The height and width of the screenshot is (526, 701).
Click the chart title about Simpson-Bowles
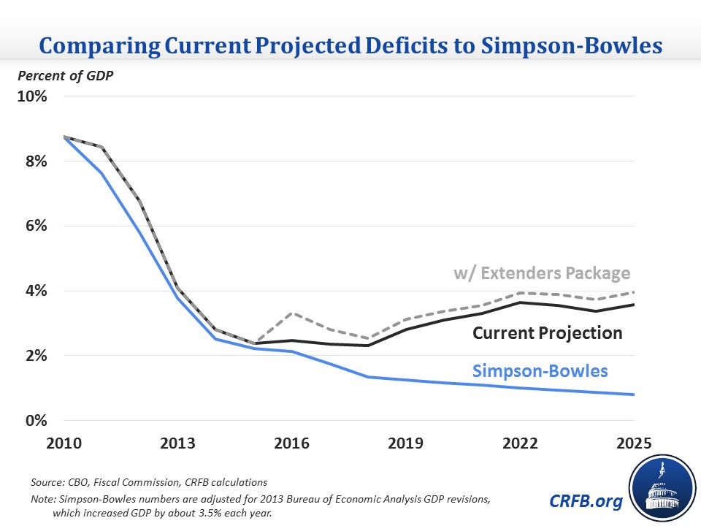[x=350, y=45]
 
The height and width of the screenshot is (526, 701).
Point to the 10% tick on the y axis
[x=32, y=97]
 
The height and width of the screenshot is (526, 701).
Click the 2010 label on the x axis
[x=64, y=444]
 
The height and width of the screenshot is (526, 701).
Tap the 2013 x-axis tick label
[x=177, y=444]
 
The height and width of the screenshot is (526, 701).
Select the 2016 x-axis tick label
[x=291, y=444]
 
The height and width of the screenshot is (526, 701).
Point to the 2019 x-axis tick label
[x=405, y=444]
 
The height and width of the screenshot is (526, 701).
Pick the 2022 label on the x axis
[x=520, y=444]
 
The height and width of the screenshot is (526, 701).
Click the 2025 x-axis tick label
[x=632, y=444]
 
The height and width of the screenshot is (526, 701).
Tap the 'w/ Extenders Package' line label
[x=541, y=274]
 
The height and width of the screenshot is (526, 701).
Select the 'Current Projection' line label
[x=548, y=333]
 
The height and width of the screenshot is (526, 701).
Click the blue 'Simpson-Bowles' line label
[x=540, y=370]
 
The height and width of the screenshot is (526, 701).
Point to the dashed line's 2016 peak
[x=291, y=313]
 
